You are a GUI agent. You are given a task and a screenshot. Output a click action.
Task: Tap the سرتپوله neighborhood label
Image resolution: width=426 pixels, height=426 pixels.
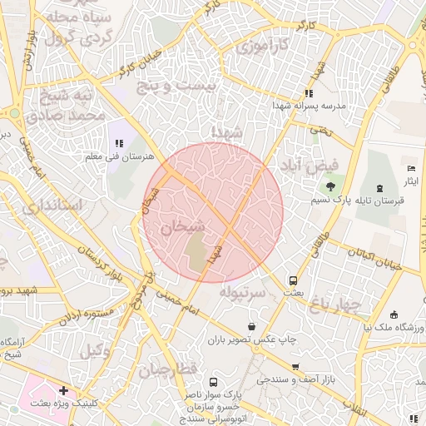click(243, 293)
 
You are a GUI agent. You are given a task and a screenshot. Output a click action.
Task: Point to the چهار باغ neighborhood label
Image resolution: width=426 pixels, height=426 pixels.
click(339, 306)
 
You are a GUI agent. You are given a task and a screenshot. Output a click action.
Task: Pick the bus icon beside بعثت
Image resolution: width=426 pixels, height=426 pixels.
click(293, 281)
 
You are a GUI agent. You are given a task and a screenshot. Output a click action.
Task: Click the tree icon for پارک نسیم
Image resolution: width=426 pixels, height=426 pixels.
click(332, 186)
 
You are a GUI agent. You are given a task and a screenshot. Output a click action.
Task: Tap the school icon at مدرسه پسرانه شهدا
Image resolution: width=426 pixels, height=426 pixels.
click(309, 94)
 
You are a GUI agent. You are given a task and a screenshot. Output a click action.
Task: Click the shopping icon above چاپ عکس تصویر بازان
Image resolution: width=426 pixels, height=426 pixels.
click(252, 326)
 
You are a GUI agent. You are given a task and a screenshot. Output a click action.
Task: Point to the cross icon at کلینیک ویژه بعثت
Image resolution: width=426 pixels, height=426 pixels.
click(63, 390)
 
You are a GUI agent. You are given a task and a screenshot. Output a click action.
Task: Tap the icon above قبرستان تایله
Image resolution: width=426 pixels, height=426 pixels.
click(380, 188)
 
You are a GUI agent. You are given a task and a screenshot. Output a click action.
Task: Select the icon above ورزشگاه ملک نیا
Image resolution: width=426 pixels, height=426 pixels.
click(394, 315)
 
